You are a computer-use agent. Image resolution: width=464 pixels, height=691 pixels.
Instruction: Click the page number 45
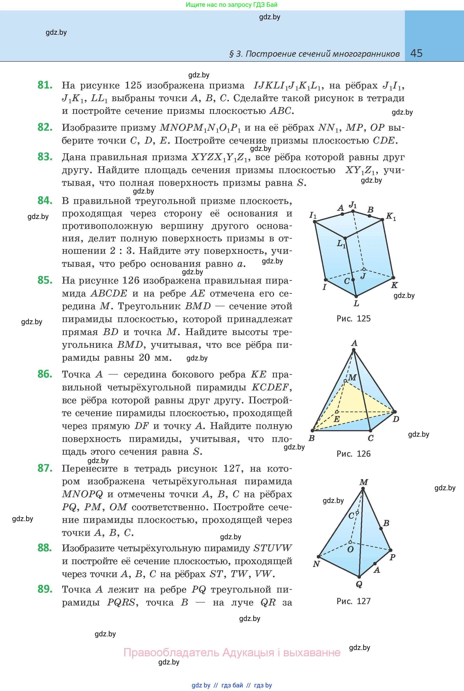(416, 53)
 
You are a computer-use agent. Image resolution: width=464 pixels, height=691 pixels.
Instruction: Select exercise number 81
(45, 85)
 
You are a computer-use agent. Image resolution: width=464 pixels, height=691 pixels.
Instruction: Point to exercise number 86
(45, 374)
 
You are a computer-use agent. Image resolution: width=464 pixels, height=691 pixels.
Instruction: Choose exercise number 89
(45, 589)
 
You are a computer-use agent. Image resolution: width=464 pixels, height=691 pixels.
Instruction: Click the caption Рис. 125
(353, 318)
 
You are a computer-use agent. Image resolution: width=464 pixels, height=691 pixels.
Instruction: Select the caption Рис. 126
(353, 454)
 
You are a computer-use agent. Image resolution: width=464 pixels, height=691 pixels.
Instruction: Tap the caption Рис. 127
(353, 601)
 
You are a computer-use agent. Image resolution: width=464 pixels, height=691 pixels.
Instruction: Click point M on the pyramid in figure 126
(346, 381)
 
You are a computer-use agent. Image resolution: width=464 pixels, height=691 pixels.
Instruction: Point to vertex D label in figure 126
(396, 419)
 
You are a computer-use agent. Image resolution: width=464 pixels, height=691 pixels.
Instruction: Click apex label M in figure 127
(364, 482)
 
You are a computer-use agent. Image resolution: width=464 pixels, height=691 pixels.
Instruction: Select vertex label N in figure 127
(316, 564)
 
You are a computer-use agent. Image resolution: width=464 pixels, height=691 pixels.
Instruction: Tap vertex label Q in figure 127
(359, 584)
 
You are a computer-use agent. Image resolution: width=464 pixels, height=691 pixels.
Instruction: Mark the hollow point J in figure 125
(364, 269)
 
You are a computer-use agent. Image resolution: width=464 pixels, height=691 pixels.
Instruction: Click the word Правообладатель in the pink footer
(172, 652)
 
